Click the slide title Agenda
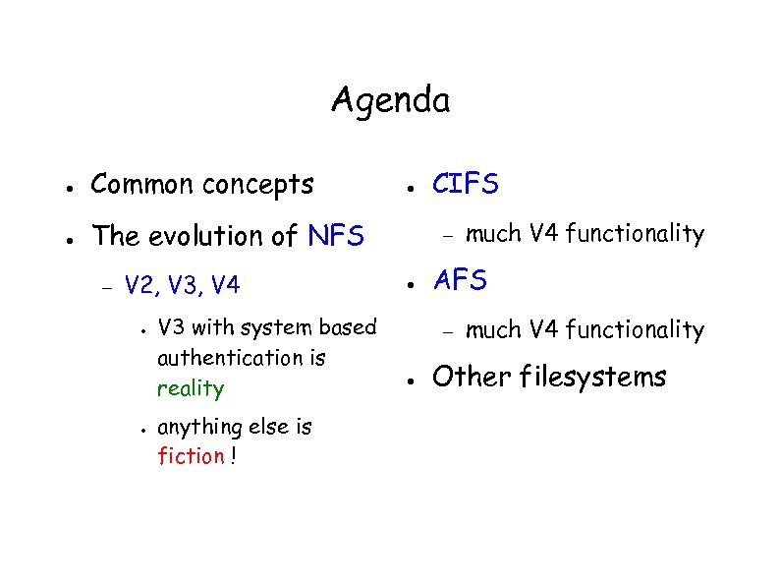pyautogui.click(x=390, y=100)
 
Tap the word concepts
pyautogui.click(x=258, y=185)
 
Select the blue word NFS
pyautogui.click(x=336, y=236)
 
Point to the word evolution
pyautogui.click(x=195, y=236)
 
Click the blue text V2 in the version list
pyautogui.click(x=141, y=286)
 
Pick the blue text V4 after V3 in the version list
pyautogui.click(x=225, y=286)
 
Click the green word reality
pyautogui.click(x=191, y=388)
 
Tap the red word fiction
pyautogui.click(x=191, y=456)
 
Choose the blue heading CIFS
pyautogui.click(x=466, y=184)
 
